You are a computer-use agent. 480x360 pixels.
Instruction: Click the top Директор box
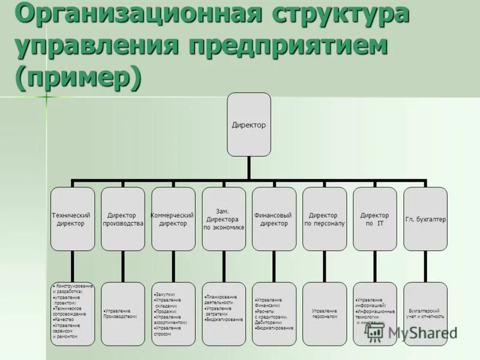(x=248, y=125)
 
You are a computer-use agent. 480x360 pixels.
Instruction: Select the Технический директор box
(x=73, y=218)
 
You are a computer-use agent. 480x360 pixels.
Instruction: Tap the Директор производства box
(x=122, y=218)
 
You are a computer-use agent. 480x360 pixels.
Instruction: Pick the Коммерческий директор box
(x=173, y=218)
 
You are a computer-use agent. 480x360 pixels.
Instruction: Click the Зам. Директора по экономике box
(x=223, y=218)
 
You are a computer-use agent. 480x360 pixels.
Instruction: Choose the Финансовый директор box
(x=274, y=218)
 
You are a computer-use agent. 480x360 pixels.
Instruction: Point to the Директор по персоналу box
(x=324, y=218)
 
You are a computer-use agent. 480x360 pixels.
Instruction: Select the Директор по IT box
(x=374, y=218)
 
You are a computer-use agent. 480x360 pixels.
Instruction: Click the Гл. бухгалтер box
(x=425, y=218)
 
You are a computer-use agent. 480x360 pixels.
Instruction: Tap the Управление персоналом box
(x=324, y=314)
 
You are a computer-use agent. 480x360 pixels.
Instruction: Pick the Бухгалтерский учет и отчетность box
(x=425, y=314)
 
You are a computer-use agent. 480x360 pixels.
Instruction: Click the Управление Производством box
(x=122, y=314)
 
